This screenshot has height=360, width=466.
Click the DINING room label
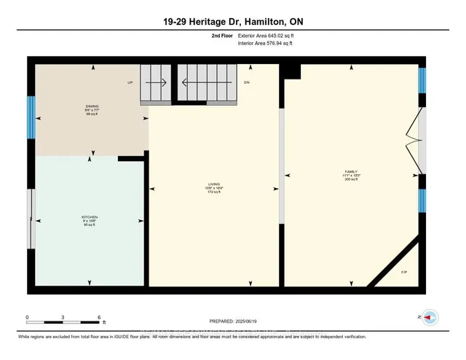[x=92, y=110]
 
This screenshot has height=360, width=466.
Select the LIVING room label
[x=214, y=187]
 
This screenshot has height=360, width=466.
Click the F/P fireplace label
[x=405, y=273]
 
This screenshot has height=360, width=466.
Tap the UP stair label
[x=130, y=82]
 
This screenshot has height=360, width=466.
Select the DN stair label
[x=247, y=82]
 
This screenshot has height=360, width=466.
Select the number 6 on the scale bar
[x=98, y=317]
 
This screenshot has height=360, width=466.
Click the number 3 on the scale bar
[x=63, y=317]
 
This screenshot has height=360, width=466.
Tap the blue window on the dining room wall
[x=31, y=113]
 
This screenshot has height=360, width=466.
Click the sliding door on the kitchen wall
[x=30, y=219]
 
